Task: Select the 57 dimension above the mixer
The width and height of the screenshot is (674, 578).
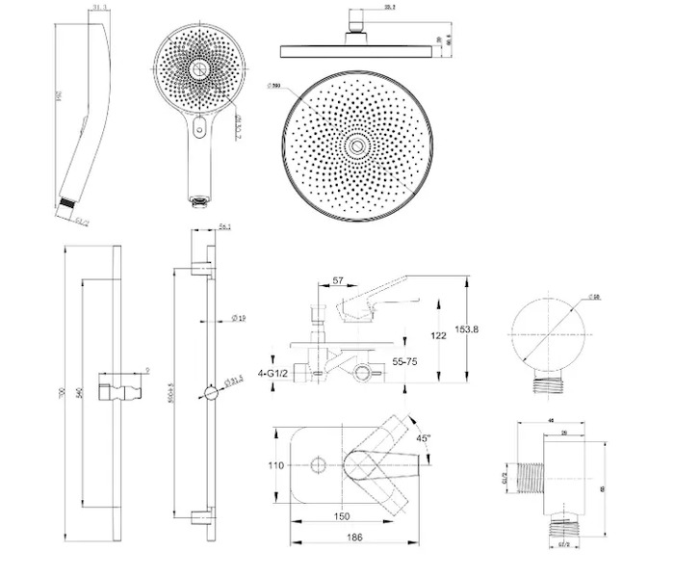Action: pyautogui.click(x=338, y=281)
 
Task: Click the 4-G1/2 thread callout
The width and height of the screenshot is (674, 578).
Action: pyautogui.click(x=275, y=372)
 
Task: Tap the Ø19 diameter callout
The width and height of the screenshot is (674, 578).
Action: pyautogui.click(x=240, y=317)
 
